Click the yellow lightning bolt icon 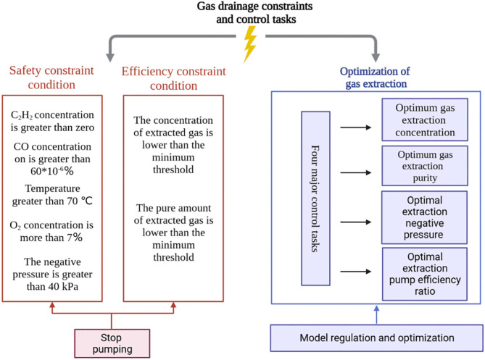[250, 44]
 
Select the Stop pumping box [112, 343]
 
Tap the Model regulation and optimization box [377, 338]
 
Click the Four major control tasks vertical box [315, 198]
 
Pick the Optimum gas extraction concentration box [425, 120]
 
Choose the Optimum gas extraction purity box [425, 166]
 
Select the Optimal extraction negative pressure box [424, 217]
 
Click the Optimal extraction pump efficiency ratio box [425, 274]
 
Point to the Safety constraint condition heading [51, 78]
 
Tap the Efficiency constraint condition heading [173, 78]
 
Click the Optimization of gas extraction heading [375, 78]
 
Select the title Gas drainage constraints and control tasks [255, 12]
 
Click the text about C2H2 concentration [52, 121]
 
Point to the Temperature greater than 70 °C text [52, 195]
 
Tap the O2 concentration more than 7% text [51, 231]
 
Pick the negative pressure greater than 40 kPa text [52, 274]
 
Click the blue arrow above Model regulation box [376, 315]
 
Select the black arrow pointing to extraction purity [356, 172]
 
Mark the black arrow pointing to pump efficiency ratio [356, 272]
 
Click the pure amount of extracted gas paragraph [173, 233]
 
